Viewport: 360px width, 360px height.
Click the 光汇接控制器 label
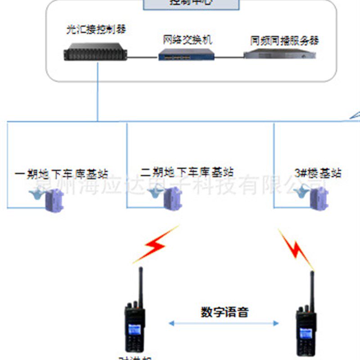coord(95,30)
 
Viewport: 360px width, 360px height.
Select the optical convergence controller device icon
coord(95,54)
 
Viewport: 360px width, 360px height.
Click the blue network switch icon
coord(187,55)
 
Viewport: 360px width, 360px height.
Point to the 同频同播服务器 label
coord(284,40)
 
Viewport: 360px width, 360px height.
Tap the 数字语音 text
coord(224,312)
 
